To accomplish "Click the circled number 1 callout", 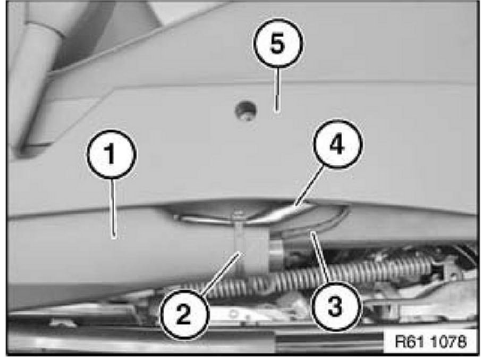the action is pyautogui.click(x=112, y=154).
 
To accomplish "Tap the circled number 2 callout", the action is pyautogui.click(x=184, y=314).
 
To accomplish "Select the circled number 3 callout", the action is pyautogui.click(x=335, y=307).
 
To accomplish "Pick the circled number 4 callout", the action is pyautogui.click(x=338, y=144).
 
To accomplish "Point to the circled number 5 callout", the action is pyautogui.click(x=278, y=44).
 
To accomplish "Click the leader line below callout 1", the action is pyautogui.click(x=113, y=208).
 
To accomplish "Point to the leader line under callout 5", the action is pyautogui.click(x=277, y=89).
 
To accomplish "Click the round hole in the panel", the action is pyautogui.click(x=245, y=111).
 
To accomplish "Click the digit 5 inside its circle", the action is pyautogui.click(x=277, y=43).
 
